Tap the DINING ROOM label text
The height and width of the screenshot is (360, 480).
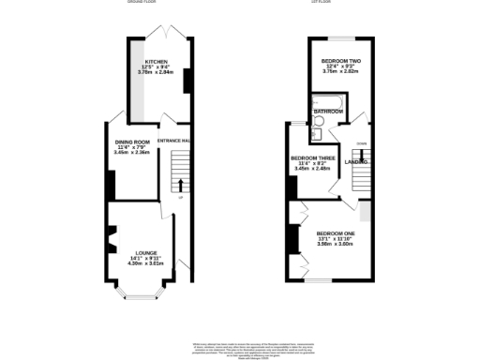[133, 142]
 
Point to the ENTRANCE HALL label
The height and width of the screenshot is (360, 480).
[174, 141]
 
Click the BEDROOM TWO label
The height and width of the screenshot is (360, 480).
[341, 60]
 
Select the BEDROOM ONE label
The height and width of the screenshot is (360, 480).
[335, 232]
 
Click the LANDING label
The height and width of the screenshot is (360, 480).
[355, 162]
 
